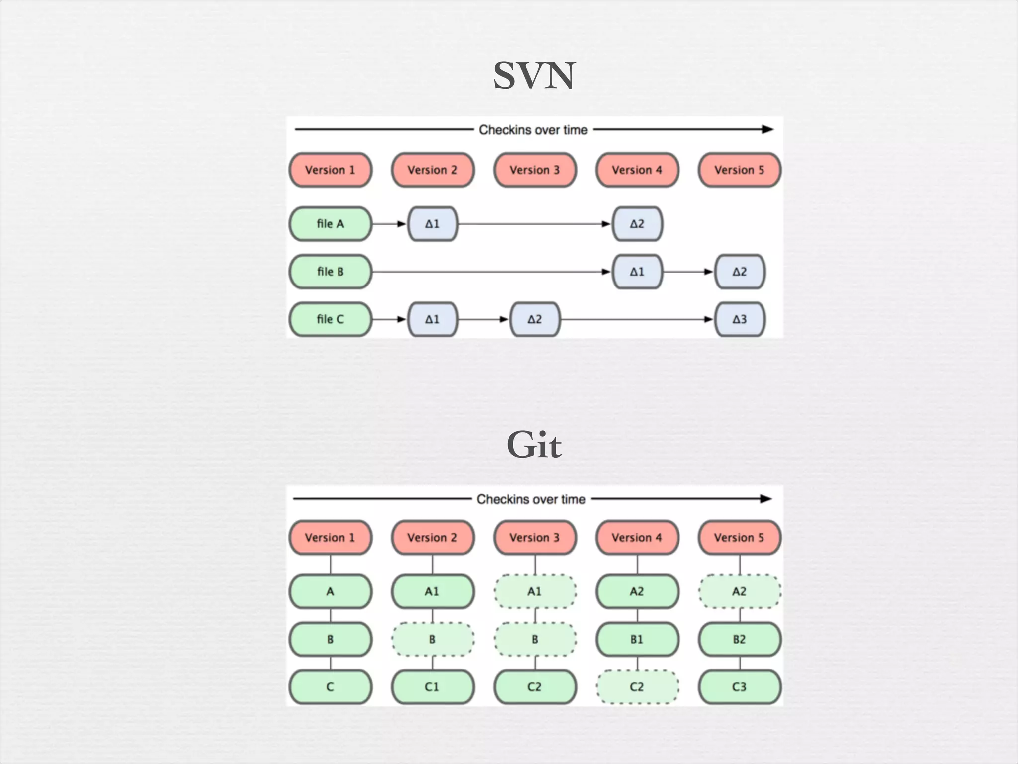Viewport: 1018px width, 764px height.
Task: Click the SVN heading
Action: point(534,76)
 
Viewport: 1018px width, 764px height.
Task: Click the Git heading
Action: point(534,444)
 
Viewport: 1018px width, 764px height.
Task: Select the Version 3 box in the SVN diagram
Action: point(535,170)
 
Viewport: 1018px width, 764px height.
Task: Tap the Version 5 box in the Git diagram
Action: point(739,538)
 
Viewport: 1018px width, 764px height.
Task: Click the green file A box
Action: point(331,224)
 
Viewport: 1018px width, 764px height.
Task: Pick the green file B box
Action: point(331,272)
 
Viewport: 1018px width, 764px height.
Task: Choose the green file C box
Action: point(331,319)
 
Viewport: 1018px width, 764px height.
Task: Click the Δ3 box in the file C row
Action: point(739,319)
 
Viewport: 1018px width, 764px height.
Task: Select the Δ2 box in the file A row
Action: point(637,224)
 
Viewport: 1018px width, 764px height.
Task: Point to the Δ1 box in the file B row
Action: point(637,272)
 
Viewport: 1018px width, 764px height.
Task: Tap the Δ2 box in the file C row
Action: point(535,319)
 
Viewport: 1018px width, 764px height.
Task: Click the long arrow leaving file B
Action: point(487,272)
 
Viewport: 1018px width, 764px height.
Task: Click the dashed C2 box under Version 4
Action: point(637,687)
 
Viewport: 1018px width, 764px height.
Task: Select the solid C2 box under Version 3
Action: point(535,687)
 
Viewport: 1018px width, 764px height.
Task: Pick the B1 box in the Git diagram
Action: point(637,639)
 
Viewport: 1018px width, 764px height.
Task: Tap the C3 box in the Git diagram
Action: point(739,687)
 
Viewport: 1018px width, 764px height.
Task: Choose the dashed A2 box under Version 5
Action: point(739,591)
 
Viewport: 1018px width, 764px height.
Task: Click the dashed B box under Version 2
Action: point(432,639)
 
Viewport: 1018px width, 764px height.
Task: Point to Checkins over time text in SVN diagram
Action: point(533,130)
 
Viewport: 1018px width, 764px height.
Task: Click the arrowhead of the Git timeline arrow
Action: point(766,499)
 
